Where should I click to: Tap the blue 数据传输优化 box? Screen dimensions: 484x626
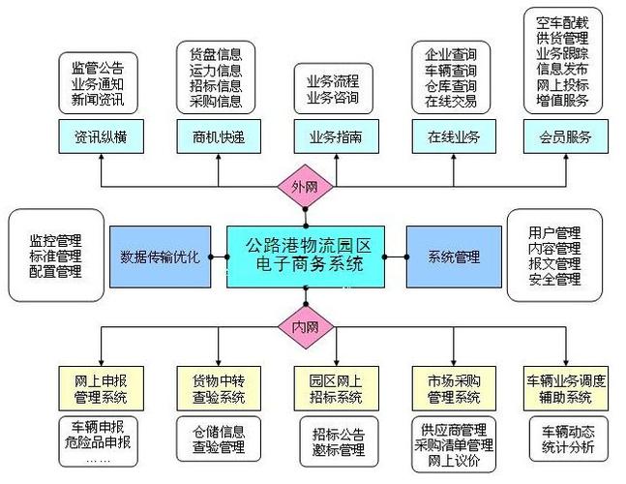[159, 257]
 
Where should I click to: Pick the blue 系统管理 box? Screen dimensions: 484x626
[453, 257]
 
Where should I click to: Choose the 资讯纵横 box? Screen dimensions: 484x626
[100, 136]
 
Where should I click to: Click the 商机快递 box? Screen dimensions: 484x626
[211, 136]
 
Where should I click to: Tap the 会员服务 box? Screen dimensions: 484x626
[565, 136]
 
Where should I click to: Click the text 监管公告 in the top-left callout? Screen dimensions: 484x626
[98, 67]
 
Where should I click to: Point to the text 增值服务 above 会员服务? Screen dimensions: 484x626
[565, 99]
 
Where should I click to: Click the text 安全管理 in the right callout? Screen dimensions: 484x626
[554, 281]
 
